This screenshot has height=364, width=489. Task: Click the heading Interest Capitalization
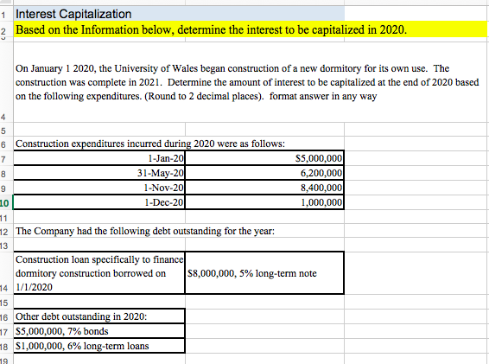(x=74, y=14)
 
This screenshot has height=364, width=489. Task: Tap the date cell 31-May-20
(x=161, y=172)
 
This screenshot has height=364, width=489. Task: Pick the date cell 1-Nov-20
(x=164, y=187)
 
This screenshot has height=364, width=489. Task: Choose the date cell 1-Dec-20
(x=165, y=201)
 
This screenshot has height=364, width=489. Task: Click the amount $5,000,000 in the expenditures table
(x=319, y=157)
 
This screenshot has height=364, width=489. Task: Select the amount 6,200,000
(x=321, y=172)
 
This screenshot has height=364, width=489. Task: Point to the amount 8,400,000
(x=321, y=187)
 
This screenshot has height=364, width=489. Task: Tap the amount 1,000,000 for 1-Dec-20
(x=321, y=201)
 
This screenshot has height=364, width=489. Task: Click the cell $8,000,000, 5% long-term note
(x=251, y=274)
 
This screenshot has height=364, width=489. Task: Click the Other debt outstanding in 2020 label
(x=82, y=316)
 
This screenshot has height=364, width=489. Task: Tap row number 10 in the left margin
(x=4, y=201)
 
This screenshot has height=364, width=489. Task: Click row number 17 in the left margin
(x=4, y=331)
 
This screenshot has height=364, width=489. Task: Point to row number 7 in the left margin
(x=4, y=157)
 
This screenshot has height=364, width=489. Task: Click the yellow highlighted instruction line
(x=212, y=30)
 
